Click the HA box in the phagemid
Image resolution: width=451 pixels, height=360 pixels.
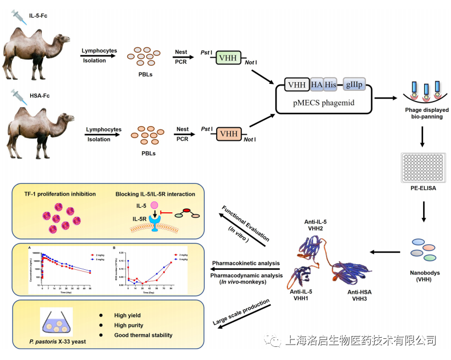click(317, 84)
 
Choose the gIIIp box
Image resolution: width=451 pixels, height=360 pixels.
click(354, 84)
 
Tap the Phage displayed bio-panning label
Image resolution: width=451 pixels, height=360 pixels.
click(424, 112)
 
